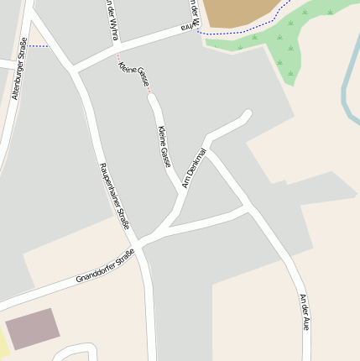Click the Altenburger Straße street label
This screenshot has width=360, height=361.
(18, 69)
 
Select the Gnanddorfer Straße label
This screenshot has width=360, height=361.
(105, 266)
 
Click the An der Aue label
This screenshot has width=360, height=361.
(304, 311)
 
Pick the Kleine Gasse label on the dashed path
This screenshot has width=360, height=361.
(134, 75)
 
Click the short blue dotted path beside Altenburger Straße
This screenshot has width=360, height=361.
(37, 46)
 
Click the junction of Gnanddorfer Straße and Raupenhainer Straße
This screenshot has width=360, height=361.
(139, 244)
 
